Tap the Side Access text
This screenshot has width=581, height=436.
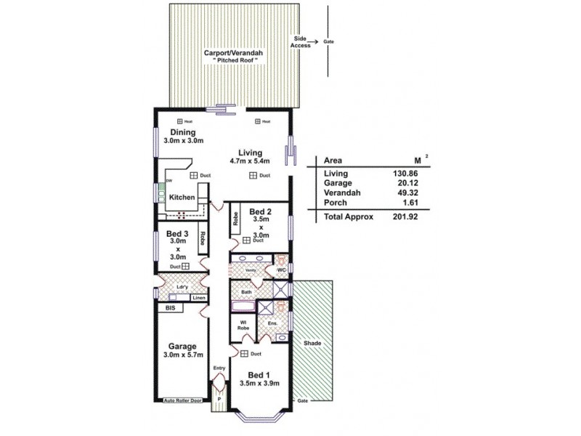(301, 41)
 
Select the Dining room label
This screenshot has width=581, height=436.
(183, 132)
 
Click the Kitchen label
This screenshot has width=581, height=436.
(182, 197)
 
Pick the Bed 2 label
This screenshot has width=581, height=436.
(259, 211)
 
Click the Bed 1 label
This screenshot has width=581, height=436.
(259, 375)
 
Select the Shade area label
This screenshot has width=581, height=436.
(313, 343)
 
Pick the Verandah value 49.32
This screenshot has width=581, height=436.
(407, 194)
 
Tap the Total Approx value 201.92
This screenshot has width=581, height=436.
(406, 217)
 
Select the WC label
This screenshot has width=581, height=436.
(282, 270)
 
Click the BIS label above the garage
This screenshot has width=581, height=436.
(171, 308)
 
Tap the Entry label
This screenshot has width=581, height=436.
(219, 368)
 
